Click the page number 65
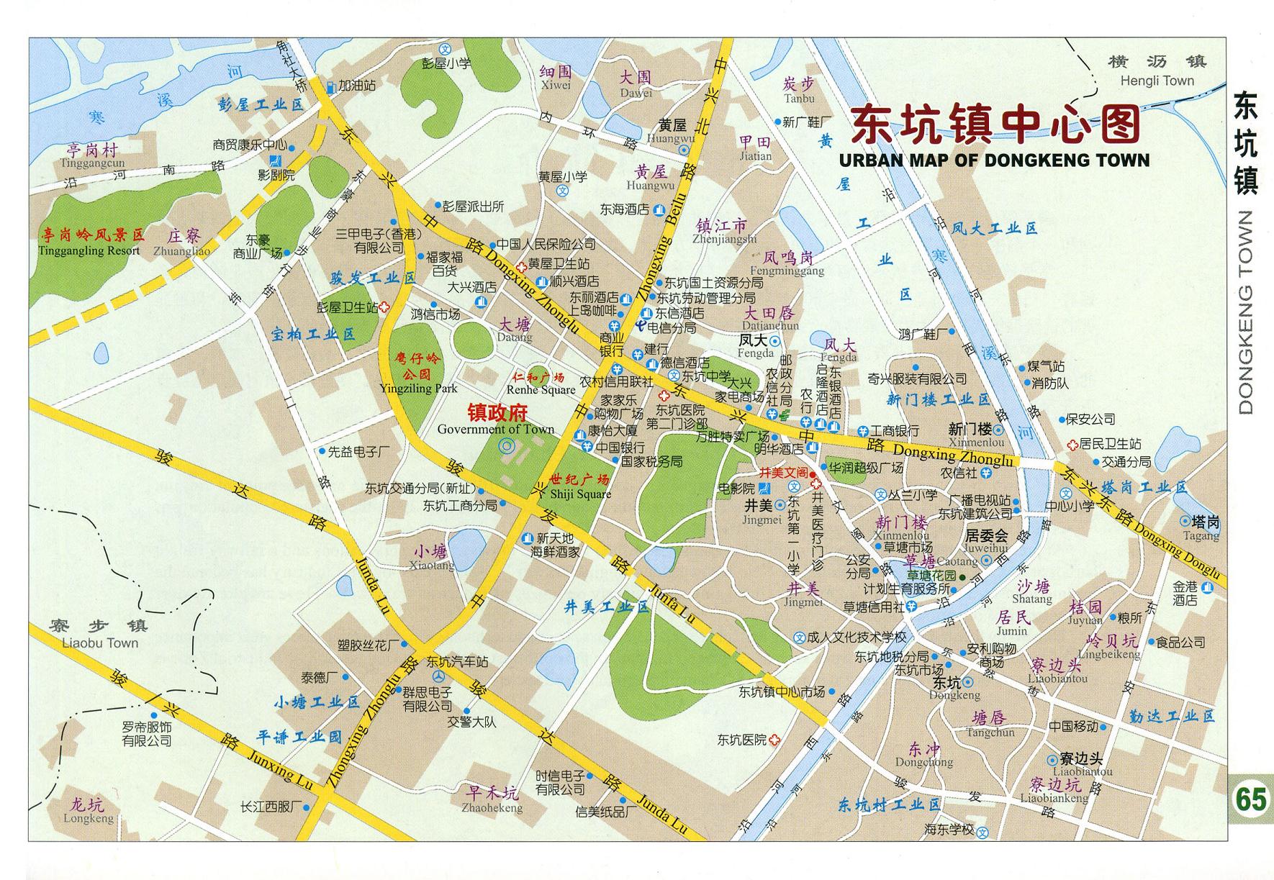[x=1251, y=799]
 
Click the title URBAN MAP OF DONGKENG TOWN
[x=994, y=160]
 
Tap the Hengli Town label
[x=1157, y=81]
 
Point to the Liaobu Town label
[x=100, y=643]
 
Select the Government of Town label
[x=496, y=430]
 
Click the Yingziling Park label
[x=418, y=389]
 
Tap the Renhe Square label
[x=541, y=390]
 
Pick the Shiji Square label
[x=580, y=494]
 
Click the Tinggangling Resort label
[x=89, y=250]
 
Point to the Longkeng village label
[x=89, y=818]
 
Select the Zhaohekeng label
[x=493, y=808]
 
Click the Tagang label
[x=1201, y=536]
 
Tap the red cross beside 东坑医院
[x=774, y=740]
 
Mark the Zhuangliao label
[x=181, y=251]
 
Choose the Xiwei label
[x=556, y=85]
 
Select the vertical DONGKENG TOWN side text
[x=1246, y=312]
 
